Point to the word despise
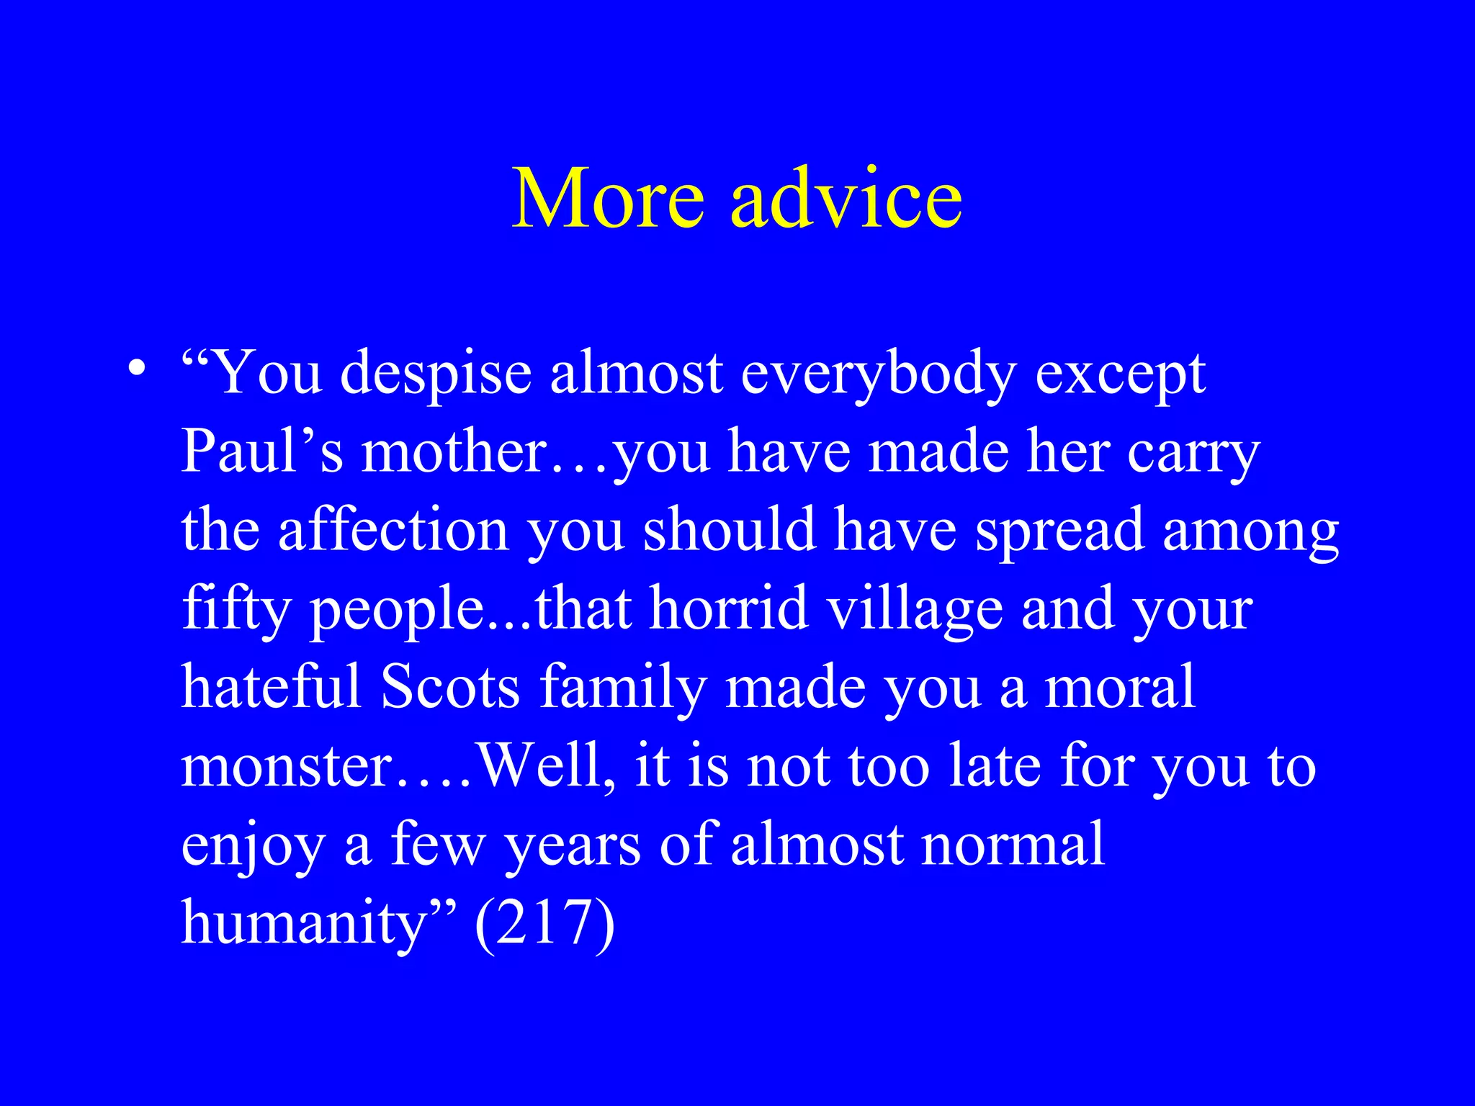(x=436, y=374)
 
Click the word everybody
(x=879, y=374)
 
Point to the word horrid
(x=728, y=608)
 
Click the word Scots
(x=450, y=687)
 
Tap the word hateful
(x=271, y=687)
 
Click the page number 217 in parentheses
(x=544, y=924)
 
